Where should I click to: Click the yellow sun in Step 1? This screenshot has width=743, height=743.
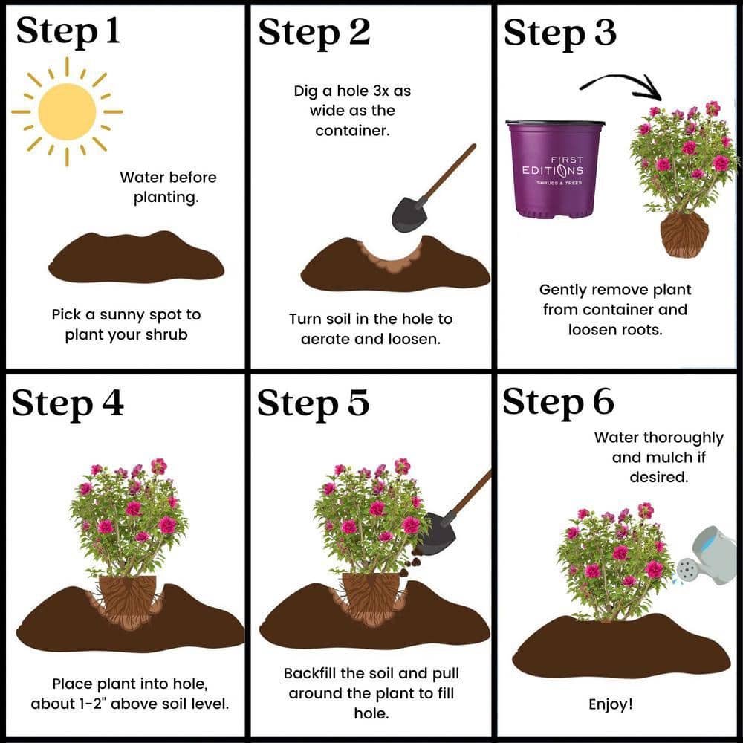pos(67,112)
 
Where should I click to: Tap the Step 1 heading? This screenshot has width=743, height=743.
pos(68,32)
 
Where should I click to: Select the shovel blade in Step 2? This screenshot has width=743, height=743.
pos(409,214)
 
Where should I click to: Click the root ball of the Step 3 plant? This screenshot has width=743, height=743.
pos(684,235)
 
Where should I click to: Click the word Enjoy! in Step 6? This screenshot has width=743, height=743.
pos(610,704)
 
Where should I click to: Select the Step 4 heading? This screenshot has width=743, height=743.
pos(68,403)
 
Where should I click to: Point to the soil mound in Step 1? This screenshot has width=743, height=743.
pos(137,257)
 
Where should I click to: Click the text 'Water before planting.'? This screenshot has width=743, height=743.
pos(168,187)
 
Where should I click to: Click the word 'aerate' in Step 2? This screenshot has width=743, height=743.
pos(325,339)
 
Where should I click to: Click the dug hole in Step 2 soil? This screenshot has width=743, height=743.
pos(391,259)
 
